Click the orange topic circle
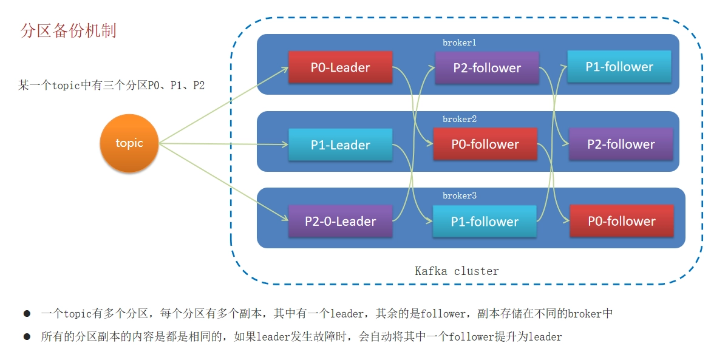[129, 143]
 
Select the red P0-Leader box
[341, 67]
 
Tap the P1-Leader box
[341, 145]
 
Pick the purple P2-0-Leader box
[341, 221]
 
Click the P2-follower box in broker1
[486, 68]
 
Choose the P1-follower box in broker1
[619, 66]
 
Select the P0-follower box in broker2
[485, 144]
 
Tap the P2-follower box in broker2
[621, 144]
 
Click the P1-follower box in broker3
[485, 221]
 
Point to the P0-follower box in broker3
[622, 220]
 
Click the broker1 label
[460, 42]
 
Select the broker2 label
[460, 119]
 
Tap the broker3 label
[460, 195]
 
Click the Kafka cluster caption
[457, 271]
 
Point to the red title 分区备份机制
[68, 31]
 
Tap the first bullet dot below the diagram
[27, 314]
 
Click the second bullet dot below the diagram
[27, 336]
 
